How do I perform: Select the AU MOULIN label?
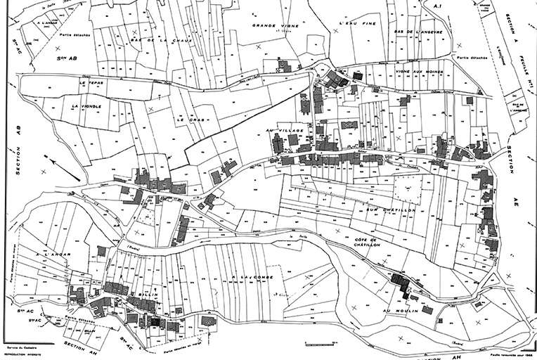401,310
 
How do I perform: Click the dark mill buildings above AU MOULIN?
401,283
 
